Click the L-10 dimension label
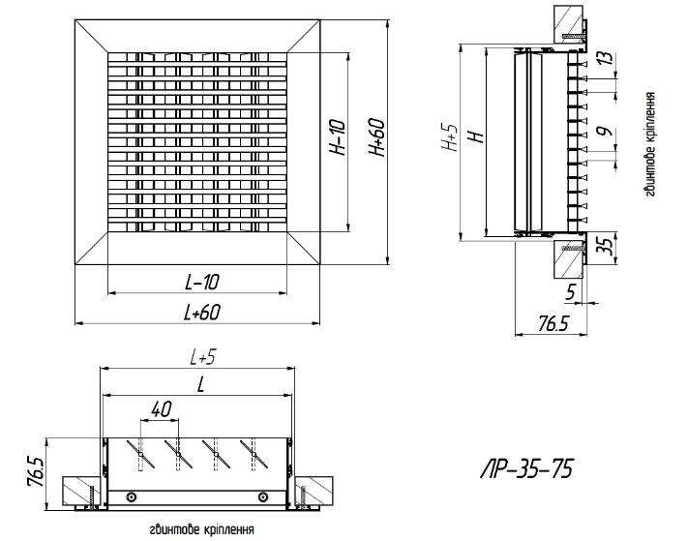pos(201,282)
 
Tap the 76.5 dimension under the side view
pos(553,324)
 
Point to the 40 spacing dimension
pos(161,410)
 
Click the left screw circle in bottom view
pos(133,496)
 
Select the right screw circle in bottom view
pos(262,496)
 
